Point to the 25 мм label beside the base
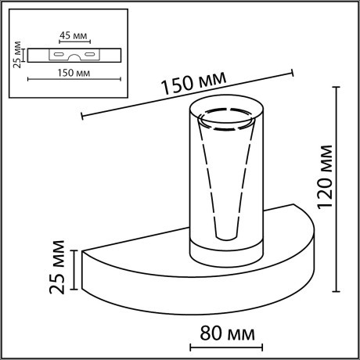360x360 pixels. (x=56, y=271)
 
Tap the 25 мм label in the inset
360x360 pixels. (x=17, y=56)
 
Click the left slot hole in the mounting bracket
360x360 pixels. (x=57, y=54)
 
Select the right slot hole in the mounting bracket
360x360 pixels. (x=90, y=54)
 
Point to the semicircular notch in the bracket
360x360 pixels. (x=74, y=57)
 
